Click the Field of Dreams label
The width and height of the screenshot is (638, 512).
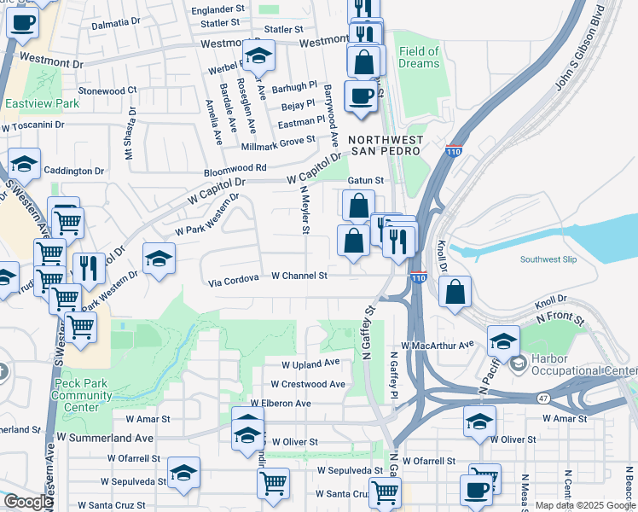point(418,58)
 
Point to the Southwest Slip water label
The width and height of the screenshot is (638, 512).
point(552,259)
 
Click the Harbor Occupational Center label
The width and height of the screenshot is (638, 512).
point(583,364)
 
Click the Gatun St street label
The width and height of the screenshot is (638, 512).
point(367,181)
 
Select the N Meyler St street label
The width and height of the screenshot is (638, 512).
point(304,213)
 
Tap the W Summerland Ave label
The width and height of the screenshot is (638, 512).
point(105,437)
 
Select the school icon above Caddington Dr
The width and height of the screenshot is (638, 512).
point(24,164)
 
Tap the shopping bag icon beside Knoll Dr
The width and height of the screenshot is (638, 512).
point(456,292)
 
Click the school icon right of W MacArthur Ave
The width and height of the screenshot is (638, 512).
point(503,340)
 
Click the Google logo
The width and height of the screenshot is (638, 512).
point(28,503)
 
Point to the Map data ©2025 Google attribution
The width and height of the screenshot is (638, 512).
point(584,505)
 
